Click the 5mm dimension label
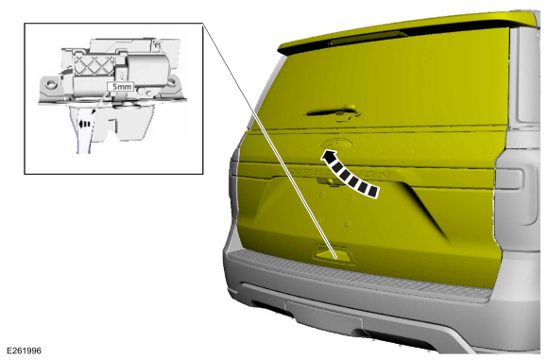121,86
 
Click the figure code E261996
25,351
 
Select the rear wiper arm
334,111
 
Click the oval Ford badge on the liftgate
335,144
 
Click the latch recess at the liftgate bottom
333,254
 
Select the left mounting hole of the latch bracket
51,83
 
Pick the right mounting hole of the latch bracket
172,82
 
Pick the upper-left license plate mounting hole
322,194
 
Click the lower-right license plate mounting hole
348,223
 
